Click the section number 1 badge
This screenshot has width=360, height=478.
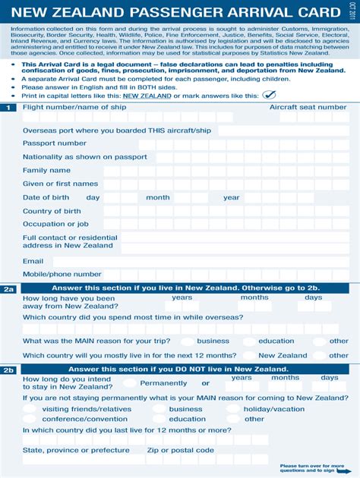(8, 108)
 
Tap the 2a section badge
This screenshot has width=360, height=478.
(8, 289)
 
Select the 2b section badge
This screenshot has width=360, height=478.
(8, 370)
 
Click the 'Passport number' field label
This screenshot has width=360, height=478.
(54, 143)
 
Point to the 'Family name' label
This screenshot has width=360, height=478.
(46, 170)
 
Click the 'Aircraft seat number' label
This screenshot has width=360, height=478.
(308, 108)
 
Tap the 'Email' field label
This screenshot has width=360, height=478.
(33, 261)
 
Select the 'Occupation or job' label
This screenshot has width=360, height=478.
(55, 224)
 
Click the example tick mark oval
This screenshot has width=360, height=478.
(269, 96)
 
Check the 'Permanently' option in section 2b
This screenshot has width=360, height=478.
(131, 383)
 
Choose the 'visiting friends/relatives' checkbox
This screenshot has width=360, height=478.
(30, 409)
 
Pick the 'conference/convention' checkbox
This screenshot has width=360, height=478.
(30, 419)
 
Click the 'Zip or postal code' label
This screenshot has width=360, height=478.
(181, 450)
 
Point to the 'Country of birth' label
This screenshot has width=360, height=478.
(52, 211)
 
